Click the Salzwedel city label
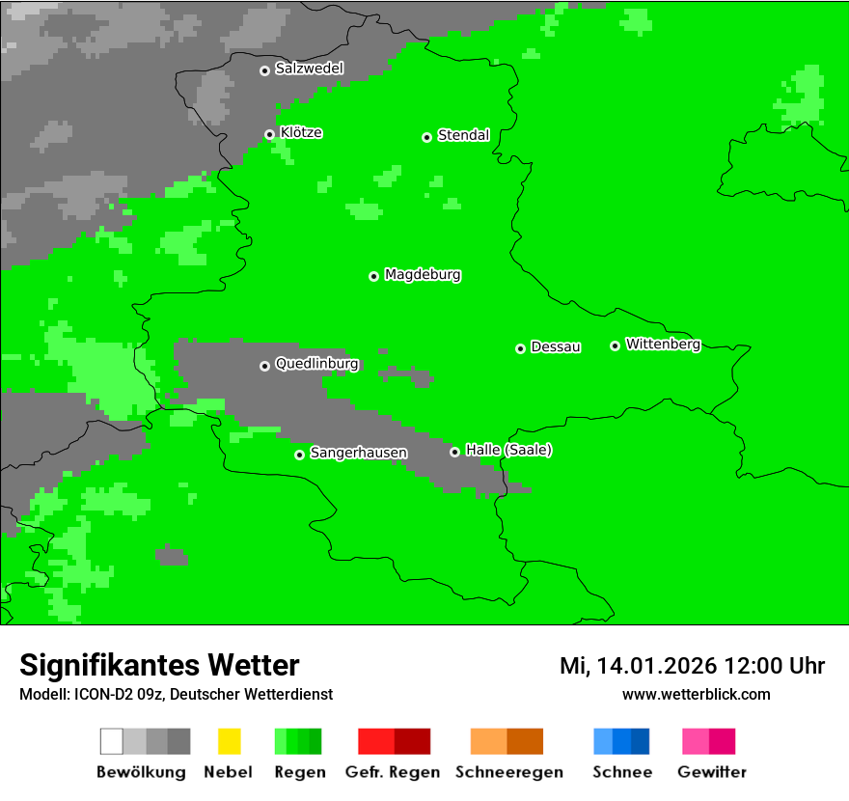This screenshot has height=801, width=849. point(309,69)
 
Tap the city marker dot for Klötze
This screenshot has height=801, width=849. point(269,134)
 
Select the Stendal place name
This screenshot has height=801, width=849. point(463,135)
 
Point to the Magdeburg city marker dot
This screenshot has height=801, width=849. point(373,276)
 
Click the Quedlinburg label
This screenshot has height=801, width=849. point(316,364)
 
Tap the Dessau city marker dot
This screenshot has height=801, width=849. point(520,348)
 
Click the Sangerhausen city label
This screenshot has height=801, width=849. point(358,453)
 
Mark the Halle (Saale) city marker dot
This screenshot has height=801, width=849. point(454,452)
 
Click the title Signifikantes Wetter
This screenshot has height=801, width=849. point(159,665)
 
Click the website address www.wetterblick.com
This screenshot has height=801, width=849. point(696,695)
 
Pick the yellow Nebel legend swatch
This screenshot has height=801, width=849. point(229,741)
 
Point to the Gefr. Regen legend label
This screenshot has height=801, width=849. point(393,772)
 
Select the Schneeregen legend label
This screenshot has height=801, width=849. point(508,772)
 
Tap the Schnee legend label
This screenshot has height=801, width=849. point(621,772)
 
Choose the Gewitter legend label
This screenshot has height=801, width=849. point(711,772)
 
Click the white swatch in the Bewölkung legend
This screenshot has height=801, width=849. point(111,741)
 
